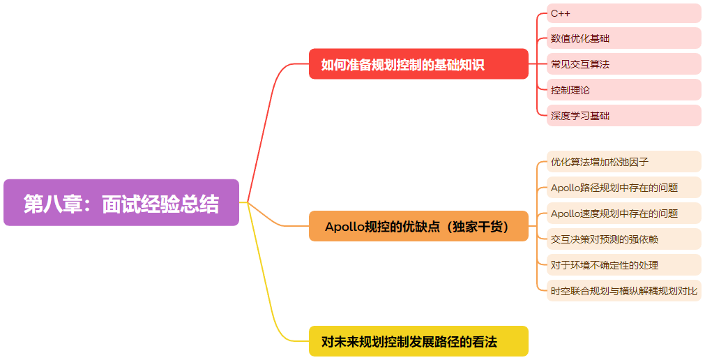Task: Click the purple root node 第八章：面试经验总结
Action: click(121, 203)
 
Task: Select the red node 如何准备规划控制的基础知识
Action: click(418, 64)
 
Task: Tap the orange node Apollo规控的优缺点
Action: click(418, 226)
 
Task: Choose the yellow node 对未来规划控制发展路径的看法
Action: click(418, 341)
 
